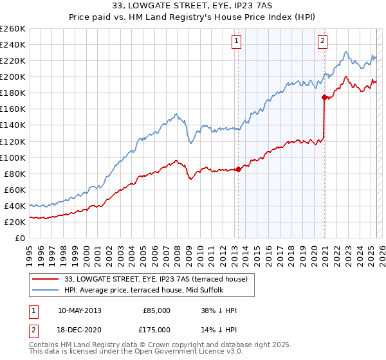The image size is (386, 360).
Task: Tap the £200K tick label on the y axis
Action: pyautogui.click(x=14, y=76)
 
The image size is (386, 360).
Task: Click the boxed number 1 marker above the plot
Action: pyautogui.click(x=237, y=42)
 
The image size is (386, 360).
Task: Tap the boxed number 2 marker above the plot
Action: pyautogui.click(x=322, y=42)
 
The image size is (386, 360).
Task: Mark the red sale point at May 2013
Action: pyautogui.click(x=238, y=169)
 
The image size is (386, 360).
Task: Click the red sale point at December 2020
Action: pyautogui.click(x=324, y=97)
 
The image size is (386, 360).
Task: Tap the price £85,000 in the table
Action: pyautogui.click(x=156, y=310)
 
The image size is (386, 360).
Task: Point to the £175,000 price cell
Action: pyautogui.click(x=156, y=330)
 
